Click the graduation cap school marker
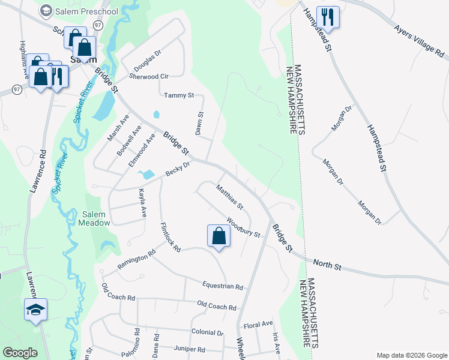pos(36,310)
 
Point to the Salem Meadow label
pos(94,218)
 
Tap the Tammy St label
pos(179,95)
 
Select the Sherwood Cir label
pos(149,76)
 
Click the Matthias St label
pos(230,197)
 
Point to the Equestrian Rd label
pos(222,287)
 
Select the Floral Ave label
pos(258,325)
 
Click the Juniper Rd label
pos(189,349)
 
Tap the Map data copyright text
pos(412,355)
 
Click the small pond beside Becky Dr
pos(145,175)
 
